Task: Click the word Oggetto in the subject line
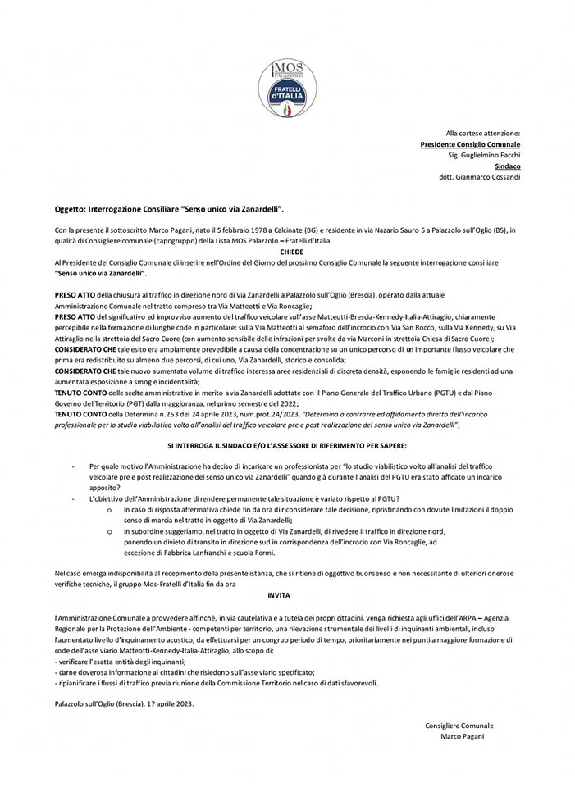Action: pyautogui.click(x=71, y=210)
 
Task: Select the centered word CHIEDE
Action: pyautogui.click(x=291, y=253)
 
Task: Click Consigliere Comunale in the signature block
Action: pyautogui.click(x=459, y=726)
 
